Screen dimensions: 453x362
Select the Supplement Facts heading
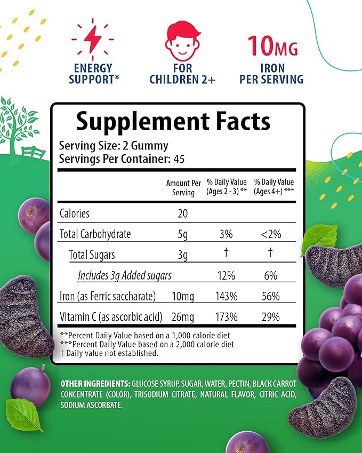173,122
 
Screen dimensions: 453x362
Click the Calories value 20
183,213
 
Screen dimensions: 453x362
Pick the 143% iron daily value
226,296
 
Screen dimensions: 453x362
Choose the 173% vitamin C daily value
226,316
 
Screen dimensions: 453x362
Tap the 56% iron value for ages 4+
271,296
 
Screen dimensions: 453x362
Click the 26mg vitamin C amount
183,316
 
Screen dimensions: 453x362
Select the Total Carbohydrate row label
95,234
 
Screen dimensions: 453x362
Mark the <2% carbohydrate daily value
271,234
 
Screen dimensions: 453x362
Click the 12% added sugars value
226,275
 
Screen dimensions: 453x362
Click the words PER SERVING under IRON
271,80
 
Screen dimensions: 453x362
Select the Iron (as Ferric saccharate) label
108,296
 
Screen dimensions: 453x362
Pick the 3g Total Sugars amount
183,255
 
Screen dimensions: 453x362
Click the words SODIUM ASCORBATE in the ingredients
91,405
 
